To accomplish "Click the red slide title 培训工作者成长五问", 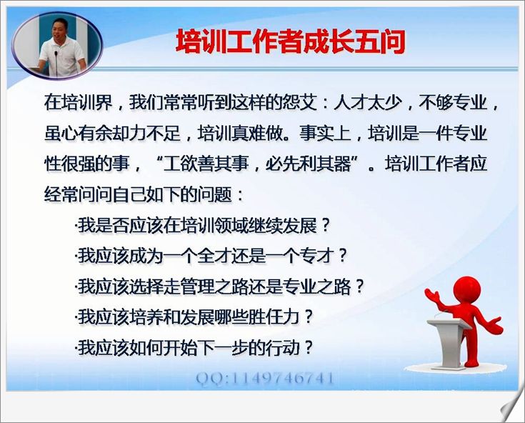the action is click(291, 42).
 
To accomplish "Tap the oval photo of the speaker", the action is click(57, 46).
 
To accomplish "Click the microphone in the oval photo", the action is click(56, 64).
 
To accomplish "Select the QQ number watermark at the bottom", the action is click(265, 379).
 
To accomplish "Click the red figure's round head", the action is click(466, 289).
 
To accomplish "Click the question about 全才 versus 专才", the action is click(211, 257).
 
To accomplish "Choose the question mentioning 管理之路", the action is click(220, 287).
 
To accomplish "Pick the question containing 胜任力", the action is click(194, 317).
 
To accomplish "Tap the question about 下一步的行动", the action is click(194, 348).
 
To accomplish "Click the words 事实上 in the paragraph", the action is click(325, 134).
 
